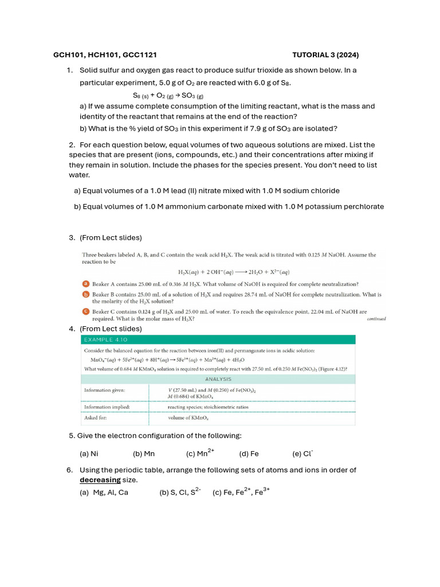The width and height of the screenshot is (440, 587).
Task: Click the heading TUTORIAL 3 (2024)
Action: (x=325, y=55)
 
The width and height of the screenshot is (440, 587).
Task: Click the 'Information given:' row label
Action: (x=105, y=390)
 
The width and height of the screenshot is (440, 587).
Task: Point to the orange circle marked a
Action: (x=85, y=284)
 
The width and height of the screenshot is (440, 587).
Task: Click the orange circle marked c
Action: (x=85, y=311)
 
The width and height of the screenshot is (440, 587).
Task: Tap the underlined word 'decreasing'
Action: (x=100, y=480)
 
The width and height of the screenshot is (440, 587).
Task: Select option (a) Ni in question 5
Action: (x=89, y=453)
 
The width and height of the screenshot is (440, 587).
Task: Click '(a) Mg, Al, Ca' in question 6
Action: (x=104, y=492)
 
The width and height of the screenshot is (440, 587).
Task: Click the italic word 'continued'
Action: (x=376, y=319)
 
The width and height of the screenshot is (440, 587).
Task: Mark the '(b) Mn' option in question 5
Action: (x=144, y=453)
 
